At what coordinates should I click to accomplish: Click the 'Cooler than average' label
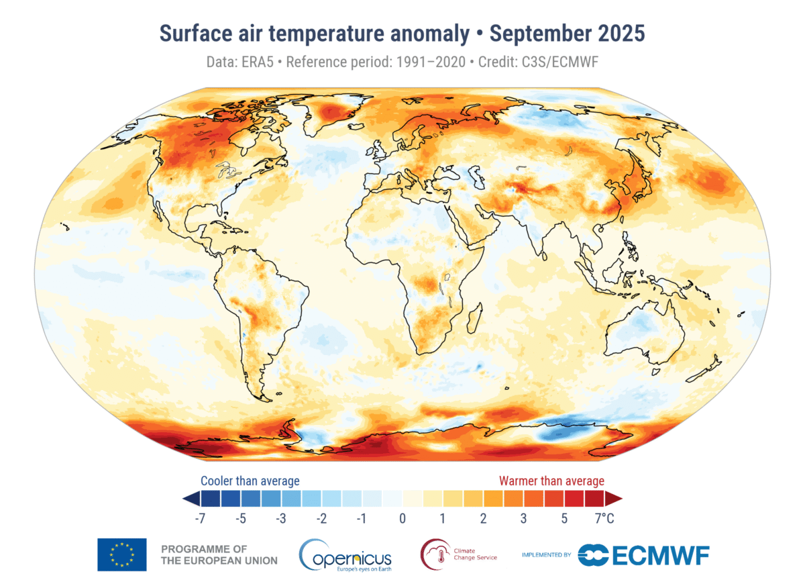coord(250,481)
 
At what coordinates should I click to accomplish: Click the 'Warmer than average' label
coord(551,481)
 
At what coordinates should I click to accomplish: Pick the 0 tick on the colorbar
coord(402,518)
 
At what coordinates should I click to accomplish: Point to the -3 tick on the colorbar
coord(282,518)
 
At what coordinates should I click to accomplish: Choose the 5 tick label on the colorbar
coord(563,518)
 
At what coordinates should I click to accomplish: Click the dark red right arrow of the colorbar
coord(614,498)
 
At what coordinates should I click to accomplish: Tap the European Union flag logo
coord(121,555)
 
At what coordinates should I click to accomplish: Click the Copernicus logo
coord(345,554)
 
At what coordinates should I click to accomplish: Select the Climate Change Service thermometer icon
coord(432,554)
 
